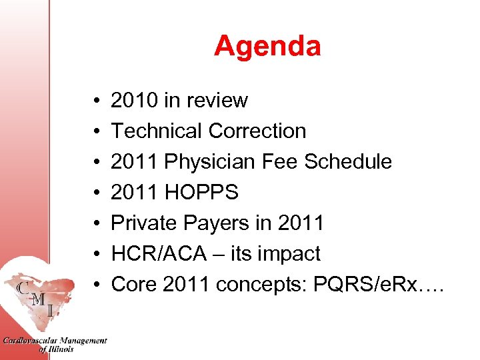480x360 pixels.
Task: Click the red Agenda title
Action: point(267,46)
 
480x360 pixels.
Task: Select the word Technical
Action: point(151,131)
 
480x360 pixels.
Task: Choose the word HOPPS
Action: point(201,193)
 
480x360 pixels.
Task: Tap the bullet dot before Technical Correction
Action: point(97,132)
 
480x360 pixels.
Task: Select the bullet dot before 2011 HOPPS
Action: point(97,193)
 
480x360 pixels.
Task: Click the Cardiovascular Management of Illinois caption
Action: point(55,344)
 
